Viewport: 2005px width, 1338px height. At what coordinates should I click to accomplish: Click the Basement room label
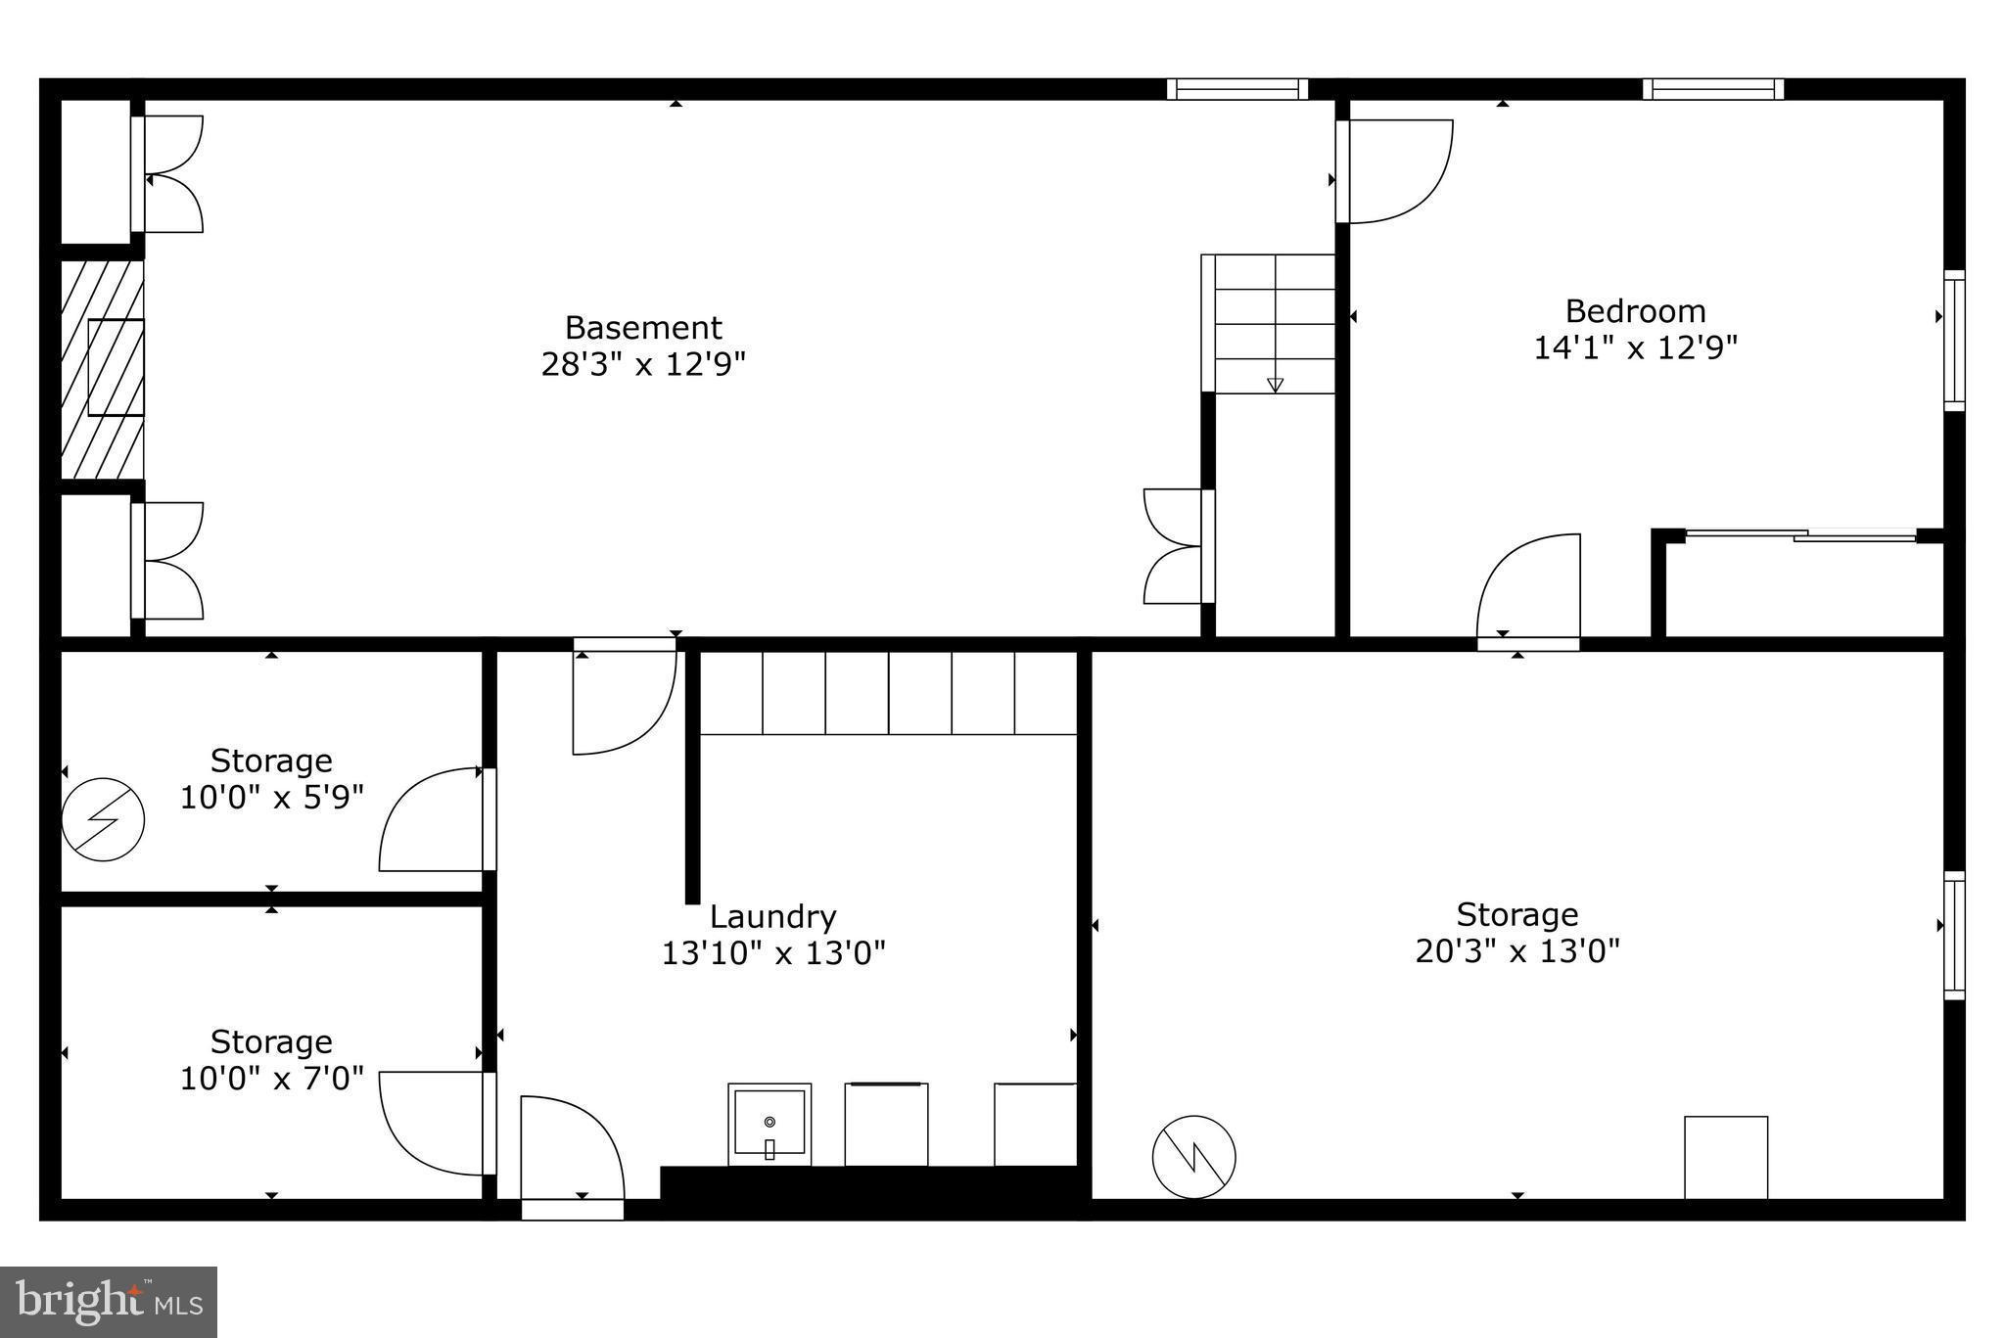point(643,327)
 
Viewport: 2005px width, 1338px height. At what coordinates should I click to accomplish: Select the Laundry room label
point(772,917)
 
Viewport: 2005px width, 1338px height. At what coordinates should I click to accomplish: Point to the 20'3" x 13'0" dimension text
point(1517,950)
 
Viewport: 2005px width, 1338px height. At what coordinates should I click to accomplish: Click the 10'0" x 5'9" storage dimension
point(271,798)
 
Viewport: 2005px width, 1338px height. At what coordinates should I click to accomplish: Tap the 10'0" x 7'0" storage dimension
point(271,1079)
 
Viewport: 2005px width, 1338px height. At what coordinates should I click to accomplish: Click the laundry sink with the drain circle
point(769,1124)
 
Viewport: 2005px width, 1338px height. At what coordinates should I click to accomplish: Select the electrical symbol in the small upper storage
point(103,819)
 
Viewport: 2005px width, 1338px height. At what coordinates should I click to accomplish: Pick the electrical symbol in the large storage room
point(1193,1157)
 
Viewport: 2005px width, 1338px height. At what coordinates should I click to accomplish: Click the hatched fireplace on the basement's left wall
point(103,369)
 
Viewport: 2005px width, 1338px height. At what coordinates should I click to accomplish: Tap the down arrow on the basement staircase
point(1275,385)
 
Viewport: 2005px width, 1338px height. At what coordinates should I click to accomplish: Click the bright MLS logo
point(109,1302)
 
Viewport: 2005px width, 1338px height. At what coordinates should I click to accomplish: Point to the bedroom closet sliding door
point(1801,534)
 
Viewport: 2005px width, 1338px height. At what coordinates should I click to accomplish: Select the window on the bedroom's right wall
point(1954,340)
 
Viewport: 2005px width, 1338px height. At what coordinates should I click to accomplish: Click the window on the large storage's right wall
point(1954,935)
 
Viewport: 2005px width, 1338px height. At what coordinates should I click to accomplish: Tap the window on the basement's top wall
point(1237,89)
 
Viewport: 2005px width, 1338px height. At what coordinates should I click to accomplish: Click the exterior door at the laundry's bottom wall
point(572,1210)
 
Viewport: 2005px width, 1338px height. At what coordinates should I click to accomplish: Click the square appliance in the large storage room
point(1726,1157)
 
